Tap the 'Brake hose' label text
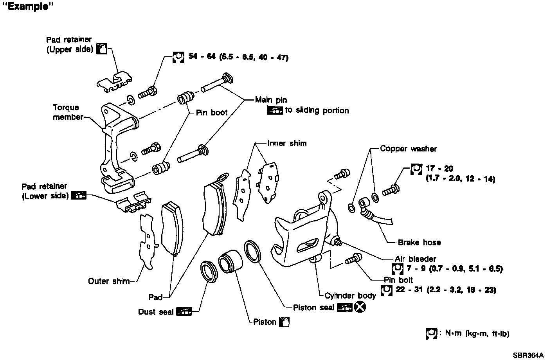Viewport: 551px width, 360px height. (x=419, y=243)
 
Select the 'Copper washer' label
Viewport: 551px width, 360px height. (x=408, y=149)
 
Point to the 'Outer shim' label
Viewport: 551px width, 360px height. (x=108, y=281)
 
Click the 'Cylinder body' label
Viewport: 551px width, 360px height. (x=350, y=296)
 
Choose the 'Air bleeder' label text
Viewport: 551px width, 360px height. (x=415, y=259)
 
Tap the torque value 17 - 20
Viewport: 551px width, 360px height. (x=439, y=169)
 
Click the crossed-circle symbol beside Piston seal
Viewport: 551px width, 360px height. (x=360, y=308)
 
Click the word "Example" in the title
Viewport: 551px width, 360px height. (x=28, y=7)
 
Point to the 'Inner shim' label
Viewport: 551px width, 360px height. (x=287, y=143)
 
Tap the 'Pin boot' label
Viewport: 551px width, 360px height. (x=211, y=113)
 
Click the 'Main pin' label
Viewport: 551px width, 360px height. (x=271, y=100)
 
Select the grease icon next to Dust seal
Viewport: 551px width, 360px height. (x=184, y=312)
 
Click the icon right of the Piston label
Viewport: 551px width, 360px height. (x=285, y=322)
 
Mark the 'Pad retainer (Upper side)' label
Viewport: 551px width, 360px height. (x=69, y=45)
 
